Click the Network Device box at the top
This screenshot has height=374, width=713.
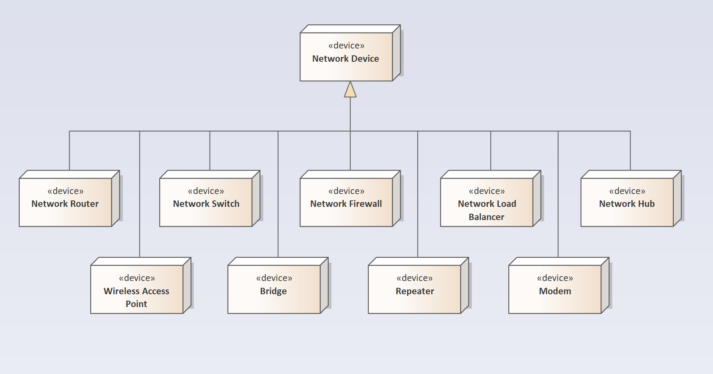(x=346, y=57)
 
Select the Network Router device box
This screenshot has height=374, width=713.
(x=65, y=202)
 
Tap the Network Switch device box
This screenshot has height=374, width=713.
(x=206, y=202)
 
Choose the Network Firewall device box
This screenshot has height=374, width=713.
(x=346, y=202)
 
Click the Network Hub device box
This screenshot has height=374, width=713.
(x=627, y=202)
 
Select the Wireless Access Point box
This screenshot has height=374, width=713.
(x=137, y=289)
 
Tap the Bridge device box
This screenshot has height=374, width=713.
(x=274, y=289)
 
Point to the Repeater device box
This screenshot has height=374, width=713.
(x=414, y=289)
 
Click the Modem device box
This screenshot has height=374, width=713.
(x=555, y=289)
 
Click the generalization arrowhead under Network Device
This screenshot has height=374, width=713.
(x=350, y=90)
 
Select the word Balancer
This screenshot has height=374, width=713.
(x=486, y=217)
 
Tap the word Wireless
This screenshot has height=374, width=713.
(x=120, y=291)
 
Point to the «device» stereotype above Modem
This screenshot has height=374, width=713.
(x=555, y=278)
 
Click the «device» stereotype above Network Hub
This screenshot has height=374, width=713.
(x=627, y=191)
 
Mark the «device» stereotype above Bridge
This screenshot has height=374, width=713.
(x=274, y=278)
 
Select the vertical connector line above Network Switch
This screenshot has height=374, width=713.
(x=210, y=150)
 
